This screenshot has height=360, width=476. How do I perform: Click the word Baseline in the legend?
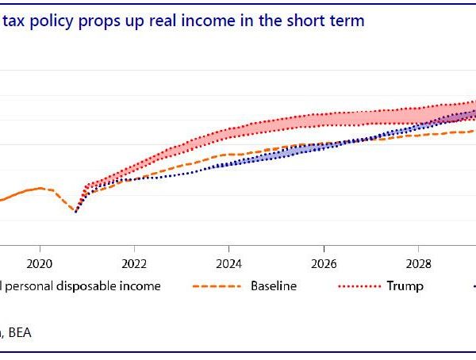tap(274, 285)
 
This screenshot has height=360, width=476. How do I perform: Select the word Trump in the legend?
tap(405, 285)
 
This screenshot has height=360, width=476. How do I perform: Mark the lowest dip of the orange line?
tap(75, 212)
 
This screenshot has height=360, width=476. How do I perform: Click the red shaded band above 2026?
tap(324, 120)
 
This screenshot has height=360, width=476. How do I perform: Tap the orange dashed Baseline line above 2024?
tap(228, 155)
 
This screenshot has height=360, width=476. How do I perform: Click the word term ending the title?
tap(348, 21)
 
